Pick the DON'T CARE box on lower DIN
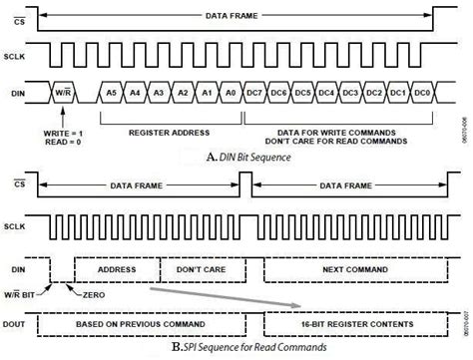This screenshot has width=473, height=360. (199, 269)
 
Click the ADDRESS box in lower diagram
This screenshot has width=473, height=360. (119, 269)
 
